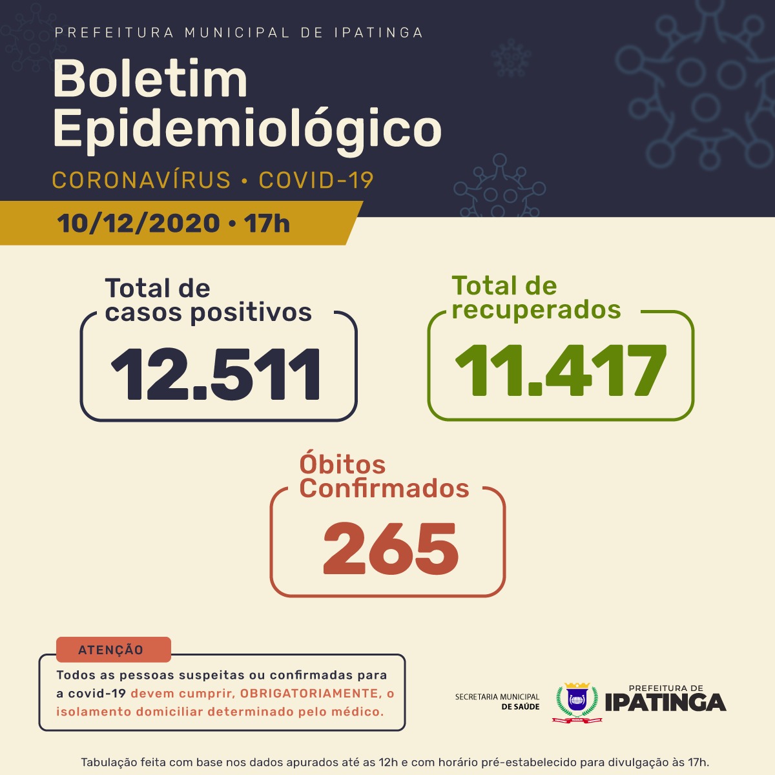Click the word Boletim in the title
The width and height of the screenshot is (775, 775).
pos(150,79)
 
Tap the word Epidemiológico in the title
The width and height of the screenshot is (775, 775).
pos(247,129)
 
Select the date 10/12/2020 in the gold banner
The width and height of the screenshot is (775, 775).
pos(138,224)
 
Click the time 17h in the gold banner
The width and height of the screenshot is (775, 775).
pos(267,224)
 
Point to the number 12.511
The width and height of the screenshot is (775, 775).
pos(216,375)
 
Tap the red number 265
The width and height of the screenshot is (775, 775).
pos(390,548)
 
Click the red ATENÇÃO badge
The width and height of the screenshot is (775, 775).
pos(111,650)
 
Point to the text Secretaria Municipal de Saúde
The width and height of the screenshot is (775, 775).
pos(497,701)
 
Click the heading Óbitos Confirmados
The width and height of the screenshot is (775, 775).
pos(384,477)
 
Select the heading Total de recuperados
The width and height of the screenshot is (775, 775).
pos(536,298)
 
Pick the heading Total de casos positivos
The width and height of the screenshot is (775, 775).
pos(208,300)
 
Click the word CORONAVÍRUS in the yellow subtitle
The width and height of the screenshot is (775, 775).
pos(141,180)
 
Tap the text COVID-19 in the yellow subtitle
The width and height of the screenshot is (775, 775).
pos(316,180)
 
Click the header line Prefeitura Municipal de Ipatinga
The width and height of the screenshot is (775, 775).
pos(239,33)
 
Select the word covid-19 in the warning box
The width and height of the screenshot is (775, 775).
pos(97,694)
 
